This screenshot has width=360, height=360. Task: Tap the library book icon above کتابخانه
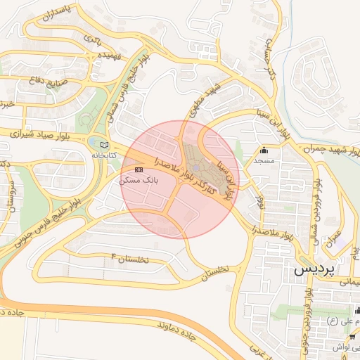click(105, 144)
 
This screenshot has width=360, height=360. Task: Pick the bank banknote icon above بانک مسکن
click(139, 170)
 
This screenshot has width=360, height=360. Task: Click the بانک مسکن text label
click(139, 180)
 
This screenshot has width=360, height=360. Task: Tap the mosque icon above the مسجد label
click(264, 150)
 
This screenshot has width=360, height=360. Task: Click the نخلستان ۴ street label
click(131, 259)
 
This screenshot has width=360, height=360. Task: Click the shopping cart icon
click(352, 337)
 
